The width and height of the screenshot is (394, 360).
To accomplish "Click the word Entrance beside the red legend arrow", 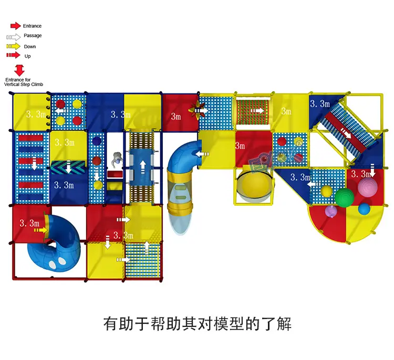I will pyautogui.click(x=33, y=26).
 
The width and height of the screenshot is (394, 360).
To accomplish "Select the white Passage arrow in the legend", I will pyautogui.click(x=14, y=37).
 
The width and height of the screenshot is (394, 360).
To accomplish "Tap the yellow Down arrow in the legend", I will pyautogui.click(x=14, y=47).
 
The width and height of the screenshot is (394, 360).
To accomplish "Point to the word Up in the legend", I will pyautogui.click(x=27, y=56).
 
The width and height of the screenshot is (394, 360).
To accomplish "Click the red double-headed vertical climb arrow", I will pyautogui.click(x=20, y=70).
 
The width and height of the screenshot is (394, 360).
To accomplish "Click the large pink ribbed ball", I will pyautogui.click(x=367, y=187).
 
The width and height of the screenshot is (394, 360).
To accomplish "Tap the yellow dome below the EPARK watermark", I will pyautogui.click(x=254, y=184).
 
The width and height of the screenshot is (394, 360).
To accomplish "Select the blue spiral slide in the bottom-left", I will pyautogui.click(x=56, y=242).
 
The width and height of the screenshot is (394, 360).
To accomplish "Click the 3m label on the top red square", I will pyautogui.click(x=175, y=116).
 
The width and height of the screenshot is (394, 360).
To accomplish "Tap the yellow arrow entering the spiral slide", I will pyautogui.click(x=37, y=230).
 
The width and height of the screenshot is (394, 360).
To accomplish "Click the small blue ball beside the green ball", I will pyautogui.click(x=364, y=209).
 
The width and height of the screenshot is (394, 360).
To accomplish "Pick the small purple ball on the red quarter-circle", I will pyautogui.click(x=330, y=211).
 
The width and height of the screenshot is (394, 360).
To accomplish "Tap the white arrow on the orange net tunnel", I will pyautogui.click(x=258, y=111).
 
